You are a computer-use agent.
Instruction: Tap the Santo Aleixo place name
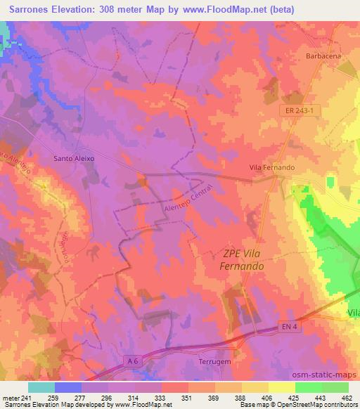pos(74,159)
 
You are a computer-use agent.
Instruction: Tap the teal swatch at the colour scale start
pos(41,387)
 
